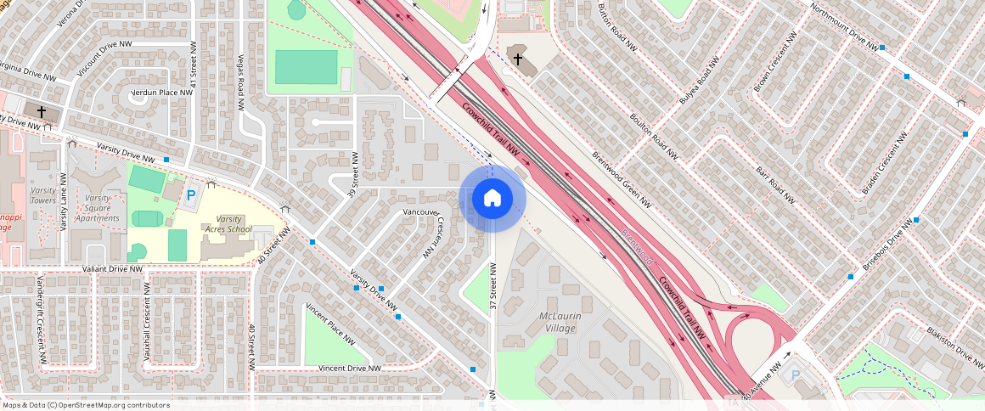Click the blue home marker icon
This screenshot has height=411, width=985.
pyautogui.click(x=492, y=199)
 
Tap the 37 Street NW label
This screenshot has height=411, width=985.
pyautogui.click(x=492, y=285)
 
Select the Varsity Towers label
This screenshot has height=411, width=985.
pyautogui.click(x=43, y=195)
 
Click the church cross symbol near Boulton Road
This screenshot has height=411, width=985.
pyautogui.click(x=517, y=59)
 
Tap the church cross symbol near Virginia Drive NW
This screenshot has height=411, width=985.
pyautogui.click(x=41, y=112)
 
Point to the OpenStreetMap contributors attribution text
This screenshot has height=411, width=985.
pyautogui.click(x=85, y=405)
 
